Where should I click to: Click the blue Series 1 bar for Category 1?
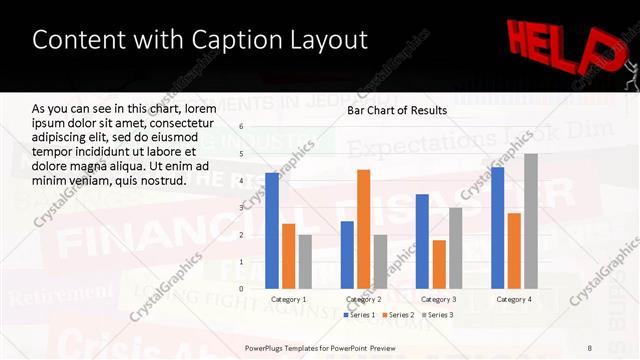pos(272,231)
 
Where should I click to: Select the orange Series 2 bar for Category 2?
pos(363,229)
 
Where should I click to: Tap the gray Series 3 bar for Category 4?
pos(530,221)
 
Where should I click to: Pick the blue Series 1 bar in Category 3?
pos(422,241)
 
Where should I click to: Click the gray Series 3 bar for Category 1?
pos(305,261)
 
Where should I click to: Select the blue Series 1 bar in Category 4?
pos(497,228)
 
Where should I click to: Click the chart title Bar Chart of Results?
pos(396,110)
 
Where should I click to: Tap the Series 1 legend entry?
pos(363,315)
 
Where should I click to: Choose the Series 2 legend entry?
pos(399,315)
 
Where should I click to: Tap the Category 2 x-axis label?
pos(363,298)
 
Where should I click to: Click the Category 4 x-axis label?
pos(514,298)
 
